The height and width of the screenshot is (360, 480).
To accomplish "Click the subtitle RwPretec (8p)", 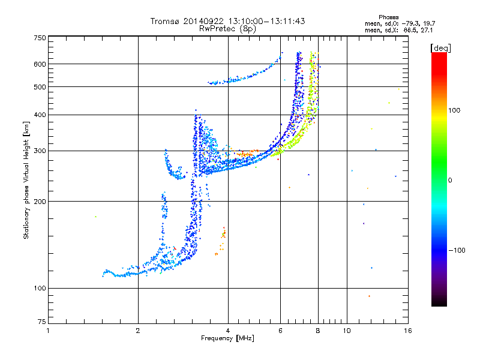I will pyautogui.click(x=227, y=28).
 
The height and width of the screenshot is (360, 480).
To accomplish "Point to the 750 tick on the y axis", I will pyautogui.click(x=40, y=37).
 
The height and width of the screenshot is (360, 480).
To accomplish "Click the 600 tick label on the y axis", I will pyautogui.click(x=40, y=64).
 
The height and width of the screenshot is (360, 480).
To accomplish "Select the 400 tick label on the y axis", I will pyautogui.click(x=40, y=115).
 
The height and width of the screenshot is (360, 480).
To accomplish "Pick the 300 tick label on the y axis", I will pyautogui.click(x=40, y=151).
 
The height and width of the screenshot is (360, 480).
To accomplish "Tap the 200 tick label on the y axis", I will pyautogui.click(x=40, y=202).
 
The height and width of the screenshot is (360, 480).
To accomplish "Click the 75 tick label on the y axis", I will pyautogui.click(x=41, y=324).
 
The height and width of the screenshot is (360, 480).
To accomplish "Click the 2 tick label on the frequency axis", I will pyautogui.click(x=138, y=331).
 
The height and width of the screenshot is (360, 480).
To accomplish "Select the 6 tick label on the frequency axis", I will pyautogui.click(x=280, y=331).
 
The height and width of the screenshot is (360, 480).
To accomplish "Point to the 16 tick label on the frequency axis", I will pyautogui.click(x=407, y=331).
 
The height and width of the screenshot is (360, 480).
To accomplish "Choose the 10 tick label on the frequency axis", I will pyautogui.click(x=346, y=331).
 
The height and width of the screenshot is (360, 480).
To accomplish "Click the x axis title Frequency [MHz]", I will pyautogui.click(x=227, y=338).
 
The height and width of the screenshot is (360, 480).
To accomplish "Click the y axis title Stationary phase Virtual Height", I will pyautogui.click(x=26, y=180).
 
